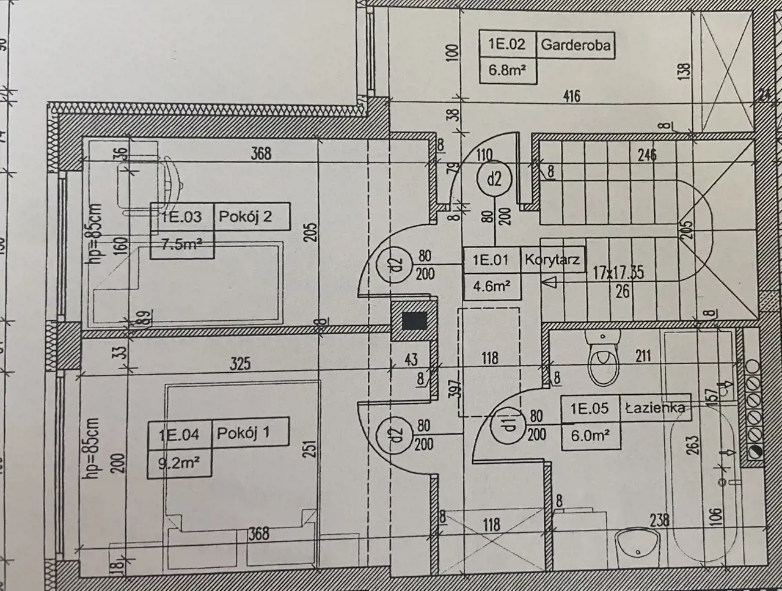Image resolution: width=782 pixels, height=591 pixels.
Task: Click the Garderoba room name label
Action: pos(576,45)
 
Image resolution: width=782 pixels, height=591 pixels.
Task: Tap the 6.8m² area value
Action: pos(507,70)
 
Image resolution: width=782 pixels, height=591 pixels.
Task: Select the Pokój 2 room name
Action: pos(246,217)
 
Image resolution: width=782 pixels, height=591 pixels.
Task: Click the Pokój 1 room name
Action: pos(244,433)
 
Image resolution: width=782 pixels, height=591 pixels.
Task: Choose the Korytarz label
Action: pos(552,260)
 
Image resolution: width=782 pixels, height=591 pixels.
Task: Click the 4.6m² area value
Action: pos(491,285)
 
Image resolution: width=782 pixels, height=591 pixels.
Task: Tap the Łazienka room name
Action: pos(654,408)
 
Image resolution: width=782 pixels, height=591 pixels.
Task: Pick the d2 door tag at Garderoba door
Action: pos(494,179)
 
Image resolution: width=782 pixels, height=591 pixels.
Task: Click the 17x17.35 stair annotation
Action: pos(618,273)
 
